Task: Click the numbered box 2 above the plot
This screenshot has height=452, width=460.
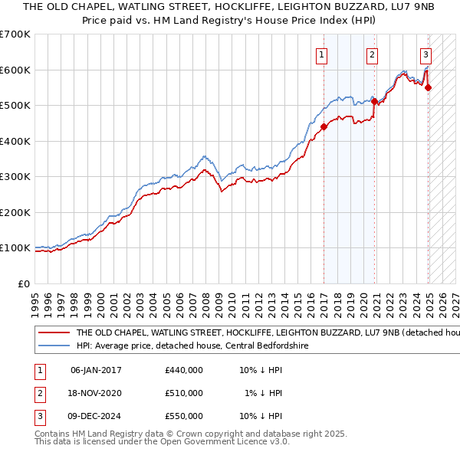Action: (372, 54)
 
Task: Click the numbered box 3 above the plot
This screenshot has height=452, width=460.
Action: (426, 54)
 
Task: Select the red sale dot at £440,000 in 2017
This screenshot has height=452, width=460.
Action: (324, 127)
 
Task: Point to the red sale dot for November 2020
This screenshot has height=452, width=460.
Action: (374, 101)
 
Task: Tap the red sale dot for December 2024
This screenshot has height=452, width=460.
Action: (428, 87)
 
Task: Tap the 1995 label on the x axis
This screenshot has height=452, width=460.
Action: (35, 298)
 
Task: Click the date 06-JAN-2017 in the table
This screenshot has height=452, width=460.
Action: (96, 370)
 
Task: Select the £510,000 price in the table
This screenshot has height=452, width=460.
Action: (184, 393)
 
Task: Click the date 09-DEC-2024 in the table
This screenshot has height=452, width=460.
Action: (96, 416)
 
